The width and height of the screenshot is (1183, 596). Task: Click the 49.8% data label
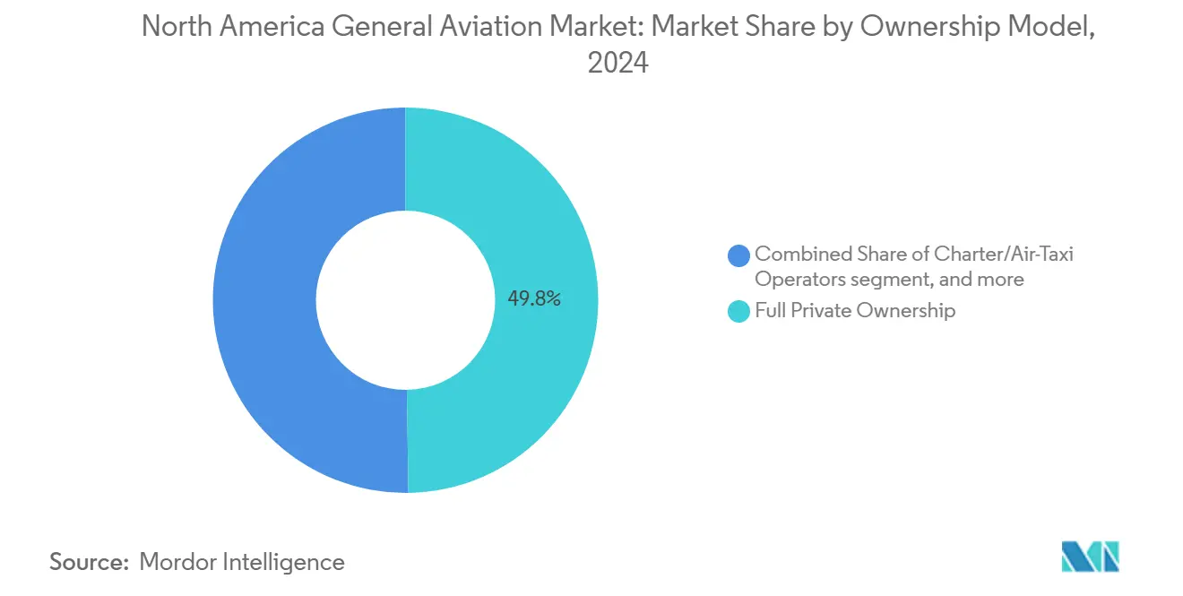tap(534, 299)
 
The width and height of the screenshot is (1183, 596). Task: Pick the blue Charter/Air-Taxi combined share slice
tap(264, 299)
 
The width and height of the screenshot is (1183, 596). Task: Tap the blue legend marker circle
tap(739, 255)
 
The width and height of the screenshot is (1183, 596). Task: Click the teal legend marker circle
tap(739, 312)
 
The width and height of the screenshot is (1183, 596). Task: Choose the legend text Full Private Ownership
tap(855, 311)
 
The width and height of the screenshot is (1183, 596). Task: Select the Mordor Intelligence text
tap(242, 562)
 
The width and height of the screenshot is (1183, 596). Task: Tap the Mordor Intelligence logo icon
tap(1090, 557)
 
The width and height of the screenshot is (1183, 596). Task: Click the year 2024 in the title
tap(617, 65)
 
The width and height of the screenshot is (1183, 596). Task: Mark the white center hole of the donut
tap(405, 299)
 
